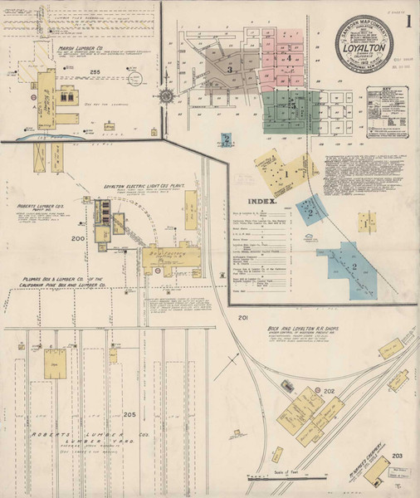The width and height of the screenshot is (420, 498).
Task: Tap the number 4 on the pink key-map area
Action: point(288,59)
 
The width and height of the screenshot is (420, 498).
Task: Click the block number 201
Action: point(243,319)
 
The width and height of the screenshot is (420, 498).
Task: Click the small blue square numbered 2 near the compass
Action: point(225,140)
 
